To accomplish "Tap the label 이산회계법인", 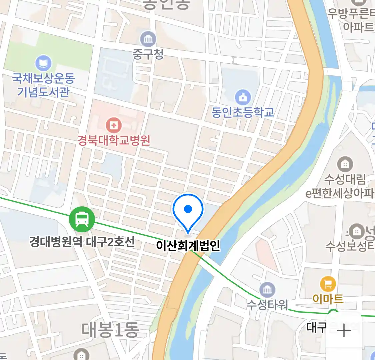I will pos(188,246).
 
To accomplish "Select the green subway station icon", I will pos(82,219).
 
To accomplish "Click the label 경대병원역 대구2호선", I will pos(82,242).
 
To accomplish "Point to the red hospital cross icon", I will pos(114,125).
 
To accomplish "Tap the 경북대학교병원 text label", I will pos(114,140).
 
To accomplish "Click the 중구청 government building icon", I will pos(148,39).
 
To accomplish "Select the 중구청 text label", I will pos(148,54).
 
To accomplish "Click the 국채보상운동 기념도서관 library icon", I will pos(43,63).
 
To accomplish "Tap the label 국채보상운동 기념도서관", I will pos(43,85).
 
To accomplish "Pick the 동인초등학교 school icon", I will pos(243,97).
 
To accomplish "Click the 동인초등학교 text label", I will pos(243,112).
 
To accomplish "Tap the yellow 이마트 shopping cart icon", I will pos(328,284).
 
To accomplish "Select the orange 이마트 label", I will pos(328,299).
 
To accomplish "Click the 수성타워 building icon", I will pos(267,290).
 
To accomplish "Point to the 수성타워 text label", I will pos(267,305).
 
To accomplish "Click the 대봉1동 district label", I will pos(110,330).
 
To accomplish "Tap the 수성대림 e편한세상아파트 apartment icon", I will pos(345,164).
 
